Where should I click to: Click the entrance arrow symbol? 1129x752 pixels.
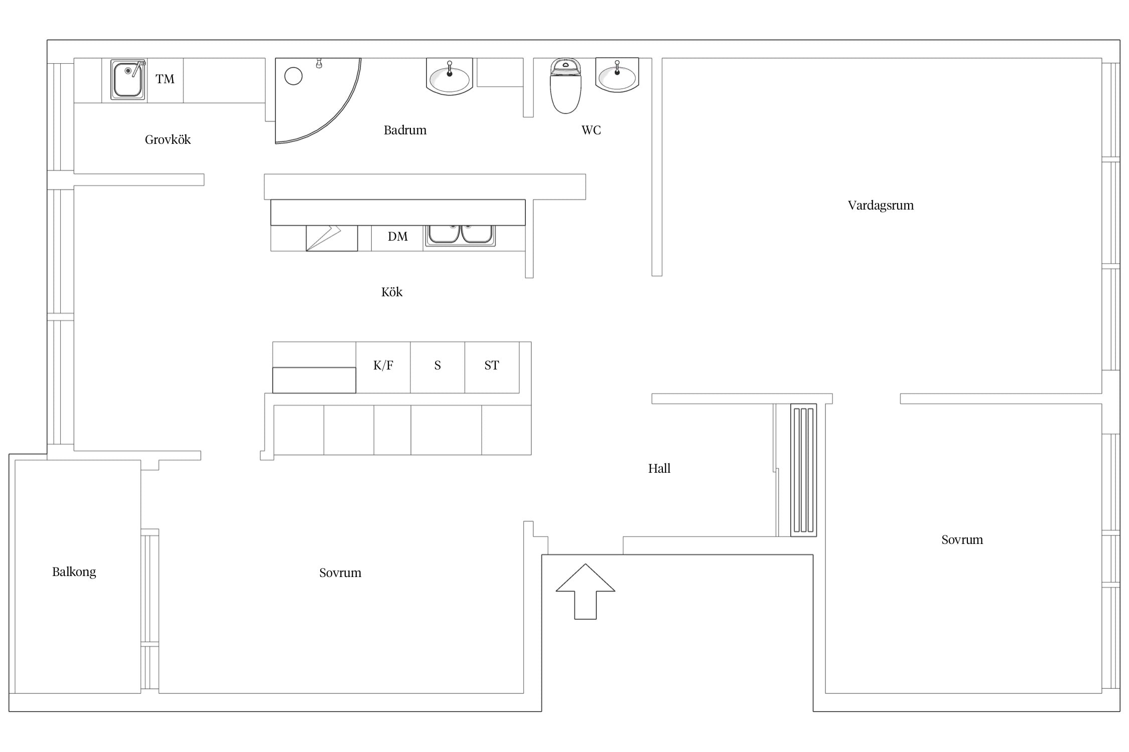click(x=585, y=592)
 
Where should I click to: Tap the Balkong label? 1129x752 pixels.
click(x=74, y=572)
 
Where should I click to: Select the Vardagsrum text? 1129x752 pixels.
click(x=881, y=206)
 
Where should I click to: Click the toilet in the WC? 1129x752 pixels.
click(x=566, y=86)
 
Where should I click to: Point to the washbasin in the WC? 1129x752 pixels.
click(x=617, y=75)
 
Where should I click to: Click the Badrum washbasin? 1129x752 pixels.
click(x=450, y=77)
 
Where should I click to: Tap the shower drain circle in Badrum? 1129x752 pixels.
click(x=294, y=76)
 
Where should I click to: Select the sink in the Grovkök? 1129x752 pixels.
click(x=128, y=80)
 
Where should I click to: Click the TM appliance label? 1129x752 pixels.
click(x=165, y=79)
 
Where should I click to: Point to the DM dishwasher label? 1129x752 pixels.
click(x=398, y=237)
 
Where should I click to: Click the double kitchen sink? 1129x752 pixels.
click(x=460, y=236)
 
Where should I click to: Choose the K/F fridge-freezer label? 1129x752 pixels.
click(x=383, y=365)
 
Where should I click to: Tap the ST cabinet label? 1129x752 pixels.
click(x=492, y=365)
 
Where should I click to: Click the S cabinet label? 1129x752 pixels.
click(x=438, y=365)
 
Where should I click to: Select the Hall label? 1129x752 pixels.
click(x=659, y=469)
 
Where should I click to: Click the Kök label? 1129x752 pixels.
click(x=392, y=292)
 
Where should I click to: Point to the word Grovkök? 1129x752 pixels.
click(x=168, y=140)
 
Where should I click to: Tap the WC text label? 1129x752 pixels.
click(x=591, y=130)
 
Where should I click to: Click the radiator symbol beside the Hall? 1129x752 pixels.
click(x=804, y=470)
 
